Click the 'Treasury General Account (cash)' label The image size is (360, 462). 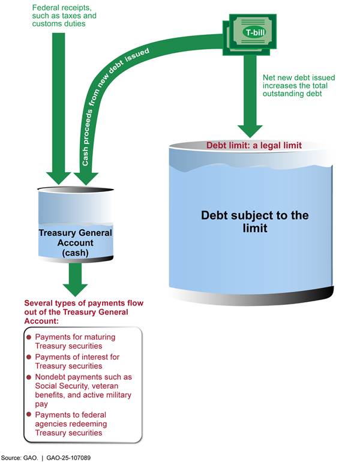76,243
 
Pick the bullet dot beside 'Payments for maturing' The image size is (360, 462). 28,337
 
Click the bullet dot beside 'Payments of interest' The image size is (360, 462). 28,357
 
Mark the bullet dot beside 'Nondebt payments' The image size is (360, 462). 28,377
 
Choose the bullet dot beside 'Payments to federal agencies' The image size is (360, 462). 28,415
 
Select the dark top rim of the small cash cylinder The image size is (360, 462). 76,189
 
